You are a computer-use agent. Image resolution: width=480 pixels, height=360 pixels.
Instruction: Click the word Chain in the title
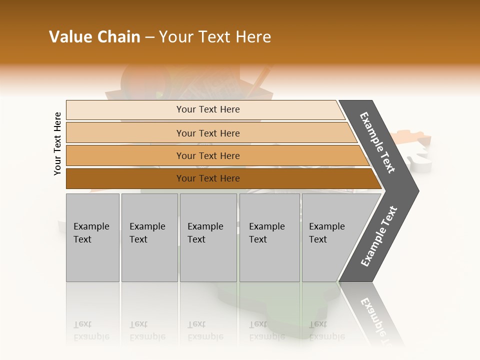pos(118,37)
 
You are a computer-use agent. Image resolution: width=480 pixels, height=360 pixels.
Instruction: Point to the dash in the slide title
pos(149,37)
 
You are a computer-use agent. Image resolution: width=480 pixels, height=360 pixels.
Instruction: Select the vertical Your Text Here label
pos(57,143)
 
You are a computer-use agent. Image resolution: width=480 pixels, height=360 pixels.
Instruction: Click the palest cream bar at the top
pos(207,109)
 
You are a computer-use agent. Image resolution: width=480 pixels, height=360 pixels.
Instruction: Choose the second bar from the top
pos(207,133)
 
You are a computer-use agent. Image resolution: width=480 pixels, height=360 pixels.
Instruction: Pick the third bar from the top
pos(207,155)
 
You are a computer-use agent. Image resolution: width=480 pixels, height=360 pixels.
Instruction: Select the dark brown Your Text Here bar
pos(207,178)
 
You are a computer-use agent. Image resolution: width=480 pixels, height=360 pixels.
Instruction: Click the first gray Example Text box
pos(92,237)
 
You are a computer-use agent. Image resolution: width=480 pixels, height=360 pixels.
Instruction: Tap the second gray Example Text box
pos(149,237)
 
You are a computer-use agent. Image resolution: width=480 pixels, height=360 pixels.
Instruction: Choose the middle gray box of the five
pos(208,237)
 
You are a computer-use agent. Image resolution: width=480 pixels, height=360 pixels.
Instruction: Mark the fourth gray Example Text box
pos(269,237)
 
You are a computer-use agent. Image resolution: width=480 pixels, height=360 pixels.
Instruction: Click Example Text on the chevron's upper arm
pos(378,142)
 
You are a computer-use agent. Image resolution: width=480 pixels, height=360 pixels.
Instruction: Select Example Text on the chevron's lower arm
pos(379,236)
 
